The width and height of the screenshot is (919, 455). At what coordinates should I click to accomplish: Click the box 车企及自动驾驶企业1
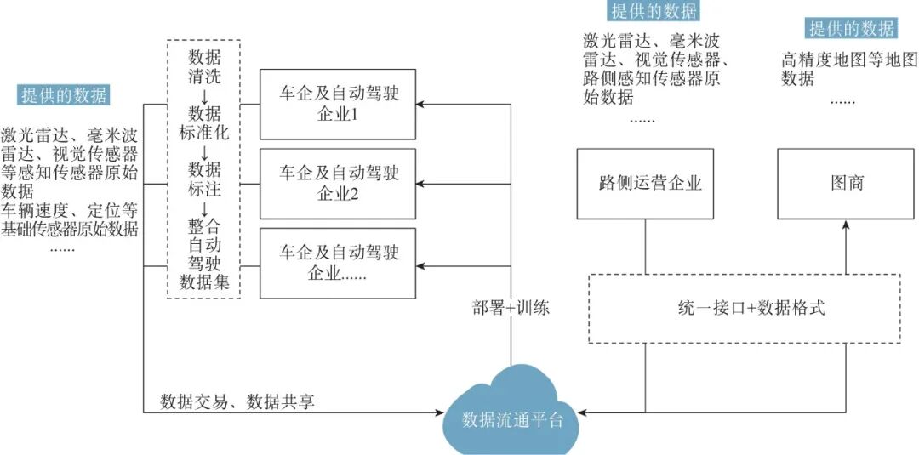(x=338, y=104)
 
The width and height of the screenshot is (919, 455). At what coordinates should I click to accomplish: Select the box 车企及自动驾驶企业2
(x=338, y=183)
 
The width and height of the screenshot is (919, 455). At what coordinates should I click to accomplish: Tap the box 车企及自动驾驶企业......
(x=338, y=263)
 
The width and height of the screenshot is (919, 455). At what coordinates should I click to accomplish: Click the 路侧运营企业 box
(x=644, y=183)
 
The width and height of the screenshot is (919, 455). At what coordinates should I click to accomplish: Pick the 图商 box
(x=847, y=183)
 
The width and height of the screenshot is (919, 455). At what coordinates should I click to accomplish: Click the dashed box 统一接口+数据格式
(x=745, y=308)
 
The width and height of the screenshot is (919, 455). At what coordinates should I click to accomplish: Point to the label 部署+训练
(x=511, y=308)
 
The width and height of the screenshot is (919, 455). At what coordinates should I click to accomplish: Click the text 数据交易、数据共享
(x=237, y=401)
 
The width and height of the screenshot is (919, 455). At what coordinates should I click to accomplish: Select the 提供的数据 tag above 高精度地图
(x=852, y=29)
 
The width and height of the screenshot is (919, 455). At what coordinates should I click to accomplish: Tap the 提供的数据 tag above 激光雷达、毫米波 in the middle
(x=654, y=11)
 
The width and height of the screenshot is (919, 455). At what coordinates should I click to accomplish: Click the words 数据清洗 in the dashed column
(x=204, y=68)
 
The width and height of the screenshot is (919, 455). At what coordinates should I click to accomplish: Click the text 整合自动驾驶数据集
(x=204, y=253)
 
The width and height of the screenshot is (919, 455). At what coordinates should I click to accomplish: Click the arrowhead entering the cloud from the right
(x=582, y=412)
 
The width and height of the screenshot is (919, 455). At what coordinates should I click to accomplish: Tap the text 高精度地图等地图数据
(x=848, y=69)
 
